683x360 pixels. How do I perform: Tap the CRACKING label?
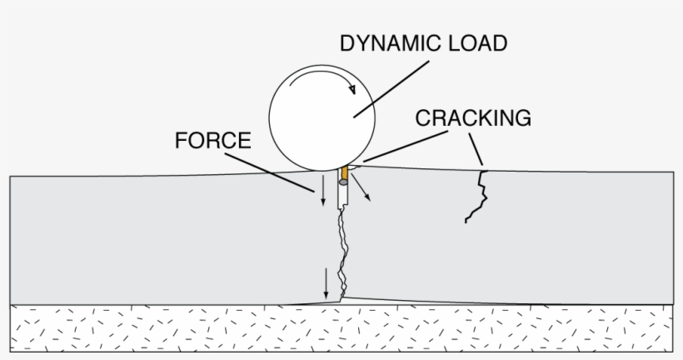pos(473,117)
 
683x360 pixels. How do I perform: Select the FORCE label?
pos(212,141)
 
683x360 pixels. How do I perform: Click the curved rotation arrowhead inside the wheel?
pos(353,87)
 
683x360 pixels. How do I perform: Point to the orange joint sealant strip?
pos(344,172)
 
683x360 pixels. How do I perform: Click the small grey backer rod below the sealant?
pos(343,182)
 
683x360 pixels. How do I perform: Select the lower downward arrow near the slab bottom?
pos(326,284)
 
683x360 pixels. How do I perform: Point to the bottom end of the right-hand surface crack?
pos(466,222)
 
